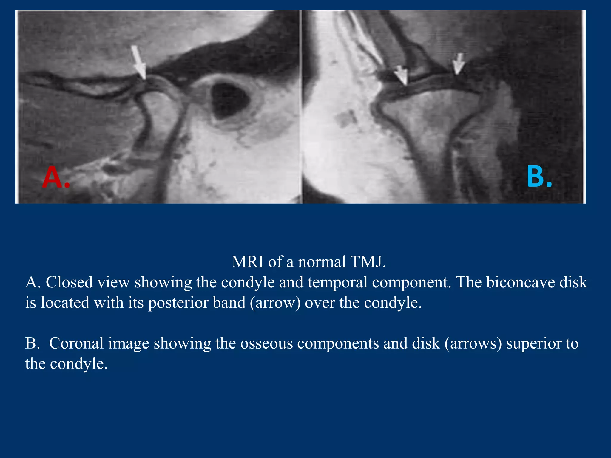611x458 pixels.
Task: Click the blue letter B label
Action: pos(539,177)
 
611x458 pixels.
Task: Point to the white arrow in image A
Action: pos(139,62)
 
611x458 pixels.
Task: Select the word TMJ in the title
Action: pos(368,262)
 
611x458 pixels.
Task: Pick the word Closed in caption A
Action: pos(69,282)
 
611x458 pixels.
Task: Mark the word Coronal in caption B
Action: pos(76,343)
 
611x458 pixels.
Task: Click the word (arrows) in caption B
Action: pos(473,343)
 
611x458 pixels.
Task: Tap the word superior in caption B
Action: pos(532,343)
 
